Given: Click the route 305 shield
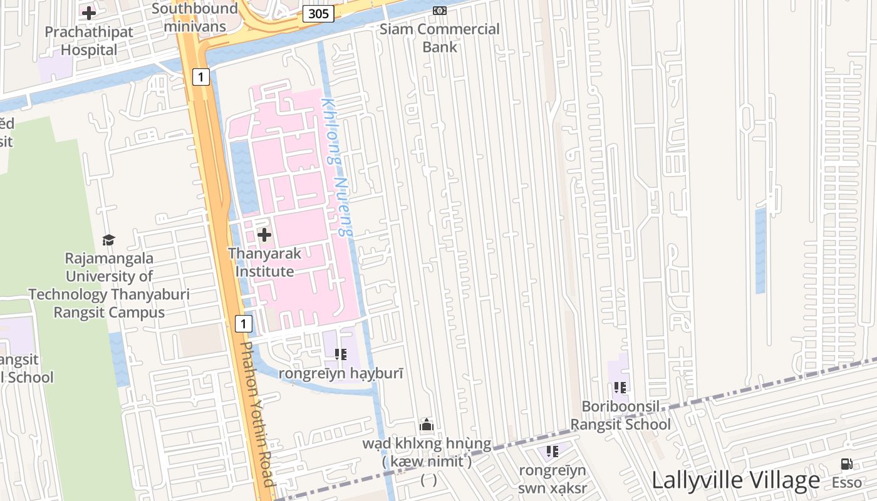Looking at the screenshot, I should click(x=318, y=14).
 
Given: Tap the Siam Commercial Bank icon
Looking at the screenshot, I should click(x=440, y=11).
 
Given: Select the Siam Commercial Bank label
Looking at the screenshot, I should click(x=440, y=38).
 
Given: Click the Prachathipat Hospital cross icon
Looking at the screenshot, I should click(x=89, y=13).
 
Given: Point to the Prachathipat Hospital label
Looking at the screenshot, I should click(x=89, y=41).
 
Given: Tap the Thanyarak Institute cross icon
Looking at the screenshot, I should click(x=264, y=235).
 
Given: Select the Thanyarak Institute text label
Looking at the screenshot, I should click(x=264, y=262).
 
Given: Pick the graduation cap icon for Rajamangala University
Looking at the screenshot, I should click(x=109, y=240).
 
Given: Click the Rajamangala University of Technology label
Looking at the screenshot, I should click(x=109, y=285).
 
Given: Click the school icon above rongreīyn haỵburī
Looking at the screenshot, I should click(x=341, y=354).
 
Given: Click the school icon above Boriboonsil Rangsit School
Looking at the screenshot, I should click(x=621, y=388).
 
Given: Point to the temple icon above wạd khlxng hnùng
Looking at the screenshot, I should click(x=427, y=425).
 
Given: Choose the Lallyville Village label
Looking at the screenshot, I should click(x=735, y=480).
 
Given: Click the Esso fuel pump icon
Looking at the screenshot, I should click(x=846, y=464).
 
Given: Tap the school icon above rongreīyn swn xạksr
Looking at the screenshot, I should click(x=553, y=451).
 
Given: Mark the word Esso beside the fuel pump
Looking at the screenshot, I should click(x=846, y=483).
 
